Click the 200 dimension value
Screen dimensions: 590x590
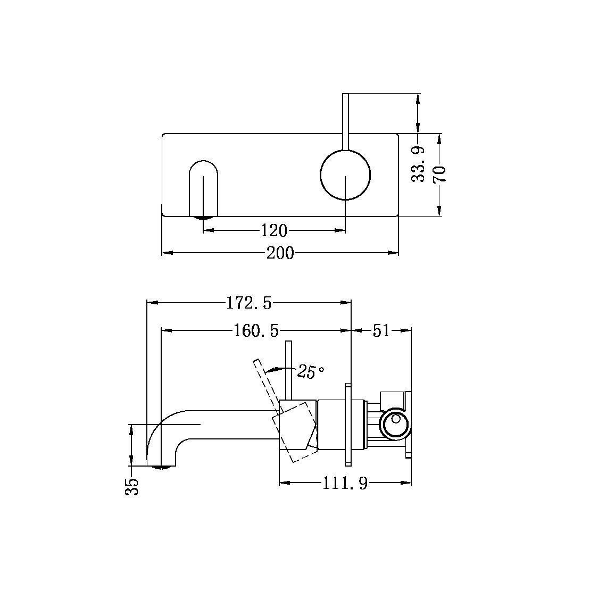(x=280, y=253)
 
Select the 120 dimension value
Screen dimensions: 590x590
(x=274, y=230)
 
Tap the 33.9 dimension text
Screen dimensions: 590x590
(x=420, y=165)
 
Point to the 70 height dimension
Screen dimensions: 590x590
(x=440, y=174)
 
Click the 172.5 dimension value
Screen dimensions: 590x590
(x=248, y=303)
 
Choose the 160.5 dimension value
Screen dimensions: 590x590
(x=256, y=331)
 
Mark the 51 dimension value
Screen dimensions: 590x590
(x=381, y=331)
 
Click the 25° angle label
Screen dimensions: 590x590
(x=311, y=372)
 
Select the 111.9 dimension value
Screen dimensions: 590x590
(x=345, y=484)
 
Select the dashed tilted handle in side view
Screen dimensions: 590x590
(x=266, y=382)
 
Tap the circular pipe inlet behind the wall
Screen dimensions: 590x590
(x=395, y=425)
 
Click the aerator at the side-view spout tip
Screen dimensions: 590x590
(x=163, y=467)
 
